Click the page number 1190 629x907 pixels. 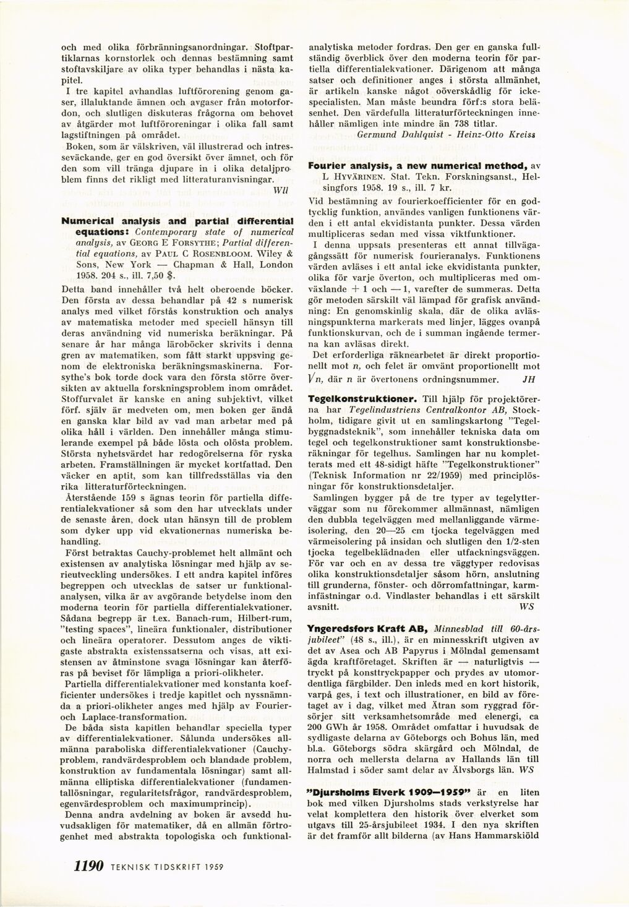click(88, 866)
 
